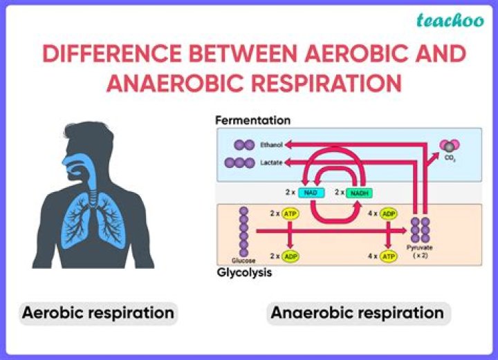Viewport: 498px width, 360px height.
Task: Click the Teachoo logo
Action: [x=450, y=21]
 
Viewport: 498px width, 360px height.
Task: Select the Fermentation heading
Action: [x=253, y=120]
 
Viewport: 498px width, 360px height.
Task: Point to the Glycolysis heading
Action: [x=244, y=272]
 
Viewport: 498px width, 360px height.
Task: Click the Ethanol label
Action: [x=271, y=144]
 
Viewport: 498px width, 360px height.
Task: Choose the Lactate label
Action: [x=271, y=162]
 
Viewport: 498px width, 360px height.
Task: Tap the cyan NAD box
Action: [x=311, y=193]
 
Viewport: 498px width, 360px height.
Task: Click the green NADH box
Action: [x=359, y=193]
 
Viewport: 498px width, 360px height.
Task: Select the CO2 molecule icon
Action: [x=450, y=146]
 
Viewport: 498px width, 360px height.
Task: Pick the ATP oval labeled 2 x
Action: [x=290, y=214]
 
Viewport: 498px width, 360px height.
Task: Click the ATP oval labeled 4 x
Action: [x=388, y=256]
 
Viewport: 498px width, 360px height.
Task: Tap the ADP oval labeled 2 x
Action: [x=290, y=256]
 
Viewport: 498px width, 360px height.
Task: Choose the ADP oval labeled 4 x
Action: [x=388, y=214]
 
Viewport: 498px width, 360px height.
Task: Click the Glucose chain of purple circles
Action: [x=243, y=231]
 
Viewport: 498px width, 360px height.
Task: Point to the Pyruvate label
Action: [x=419, y=247]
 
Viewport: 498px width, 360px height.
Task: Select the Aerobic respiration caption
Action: [x=98, y=313]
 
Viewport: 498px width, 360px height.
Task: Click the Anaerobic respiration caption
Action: [x=358, y=313]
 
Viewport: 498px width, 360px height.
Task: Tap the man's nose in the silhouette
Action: [x=65, y=160]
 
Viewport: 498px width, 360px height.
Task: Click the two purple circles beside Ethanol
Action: [x=244, y=145]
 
